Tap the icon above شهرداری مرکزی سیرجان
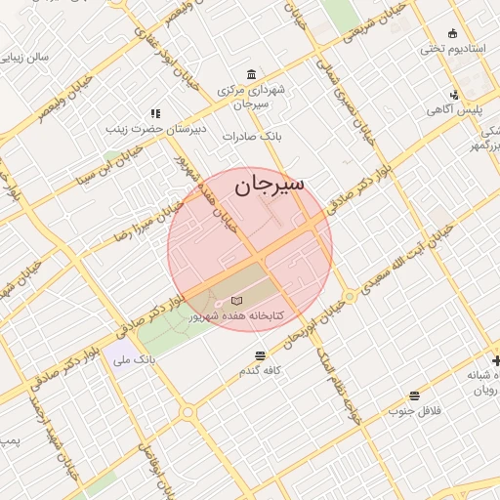coord(252,75)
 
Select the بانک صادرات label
coord(251,137)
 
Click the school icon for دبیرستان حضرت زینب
coord(154,114)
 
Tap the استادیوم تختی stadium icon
coord(452,34)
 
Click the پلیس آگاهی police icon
coord(454,95)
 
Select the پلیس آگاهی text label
coord(453,109)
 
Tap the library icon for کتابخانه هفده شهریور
coord(236,301)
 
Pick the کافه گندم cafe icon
coord(259,356)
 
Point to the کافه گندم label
coord(258,371)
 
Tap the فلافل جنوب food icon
coord(415,396)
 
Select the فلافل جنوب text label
coord(415,410)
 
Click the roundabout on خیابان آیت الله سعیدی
coord(349,294)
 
